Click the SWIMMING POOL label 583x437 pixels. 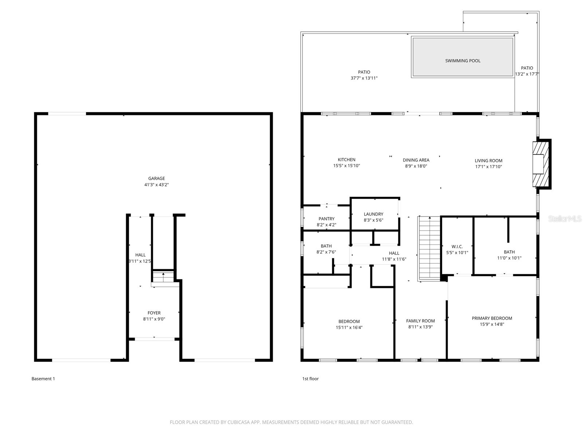click(x=462, y=61)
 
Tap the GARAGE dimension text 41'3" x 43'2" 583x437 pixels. click(x=156, y=185)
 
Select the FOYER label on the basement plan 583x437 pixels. click(x=154, y=313)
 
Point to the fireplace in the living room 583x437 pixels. click(x=540, y=164)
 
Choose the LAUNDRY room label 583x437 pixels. click(x=373, y=214)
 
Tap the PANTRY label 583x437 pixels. click(x=326, y=219)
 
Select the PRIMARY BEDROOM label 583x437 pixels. click(x=492, y=318)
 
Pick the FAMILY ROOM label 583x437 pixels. click(x=420, y=321)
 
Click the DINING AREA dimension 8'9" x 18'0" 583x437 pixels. click(x=416, y=166)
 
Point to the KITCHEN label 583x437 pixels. click(x=346, y=160)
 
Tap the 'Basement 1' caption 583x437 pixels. click(x=43, y=379)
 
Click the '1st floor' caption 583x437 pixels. click(x=310, y=379)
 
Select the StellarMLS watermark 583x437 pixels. click(x=564, y=219)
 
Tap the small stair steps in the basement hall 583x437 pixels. click(x=163, y=277)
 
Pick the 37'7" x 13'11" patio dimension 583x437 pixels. click(x=364, y=78)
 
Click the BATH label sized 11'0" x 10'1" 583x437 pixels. click(x=509, y=252)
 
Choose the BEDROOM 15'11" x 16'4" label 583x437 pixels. click(x=349, y=322)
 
